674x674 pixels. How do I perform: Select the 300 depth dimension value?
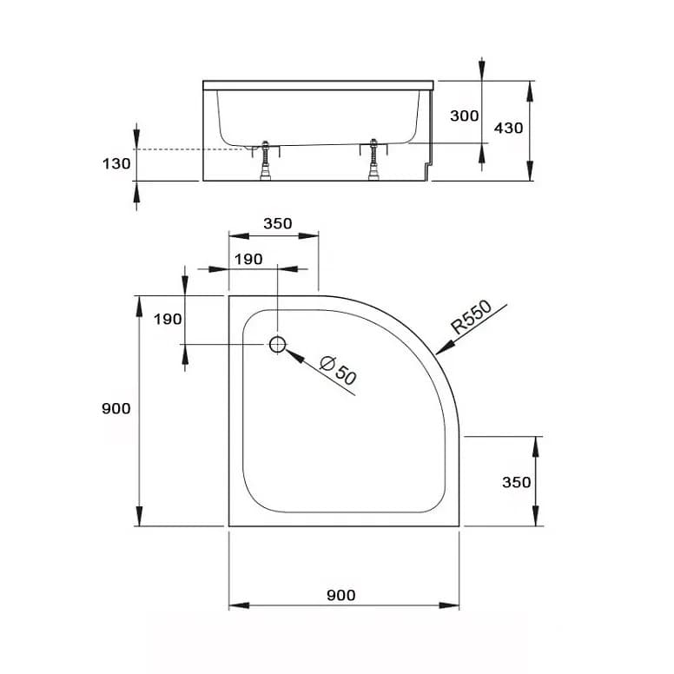(465, 116)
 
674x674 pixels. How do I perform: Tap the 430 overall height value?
(508, 128)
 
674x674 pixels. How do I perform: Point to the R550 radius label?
(472, 319)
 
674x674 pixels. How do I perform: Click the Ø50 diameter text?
(338, 372)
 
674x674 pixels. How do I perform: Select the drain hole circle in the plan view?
(277, 344)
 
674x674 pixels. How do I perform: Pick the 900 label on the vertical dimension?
(116, 408)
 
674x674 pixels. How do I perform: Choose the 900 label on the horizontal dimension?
(340, 595)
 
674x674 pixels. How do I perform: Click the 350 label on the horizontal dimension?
(277, 223)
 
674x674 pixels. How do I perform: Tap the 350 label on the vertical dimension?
(516, 482)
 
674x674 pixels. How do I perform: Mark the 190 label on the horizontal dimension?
(248, 259)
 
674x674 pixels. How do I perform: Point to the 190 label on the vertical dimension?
(168, 319)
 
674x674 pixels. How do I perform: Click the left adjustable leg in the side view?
(265, 161)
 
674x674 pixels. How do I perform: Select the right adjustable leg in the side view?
(374, 161)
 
